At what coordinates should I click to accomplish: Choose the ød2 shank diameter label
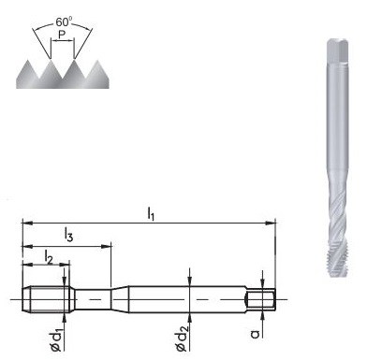point(187,334)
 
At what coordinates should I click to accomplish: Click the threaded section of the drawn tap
point(46,299)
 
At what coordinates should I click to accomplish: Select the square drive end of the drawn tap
point(261,299)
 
